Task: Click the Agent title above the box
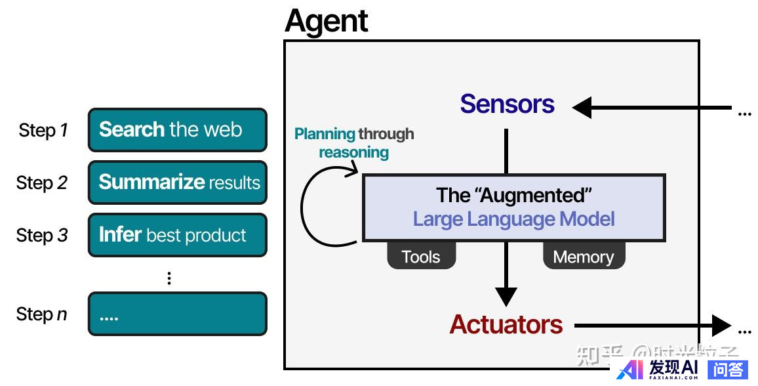tap(326, 21)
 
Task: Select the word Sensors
tap(507, 104)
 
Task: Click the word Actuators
tap(506, 324)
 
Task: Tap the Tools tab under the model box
tap(421, 257)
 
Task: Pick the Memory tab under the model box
tap(584, 257)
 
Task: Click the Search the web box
tap(178, 130)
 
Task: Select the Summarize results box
tap(178, 182)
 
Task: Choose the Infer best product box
tap(178, 235)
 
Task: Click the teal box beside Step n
tap(178, 314)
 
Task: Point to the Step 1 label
tap(43, 131)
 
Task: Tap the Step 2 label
tap(42, 182)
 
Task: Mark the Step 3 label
tap(42, 235)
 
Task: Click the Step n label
tap(42, 314)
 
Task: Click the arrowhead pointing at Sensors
tap(582, 107)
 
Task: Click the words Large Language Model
tap(514, 219)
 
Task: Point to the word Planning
tap(325, 135)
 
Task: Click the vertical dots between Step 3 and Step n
tap(169, 278)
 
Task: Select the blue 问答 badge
tap(727, 369)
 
